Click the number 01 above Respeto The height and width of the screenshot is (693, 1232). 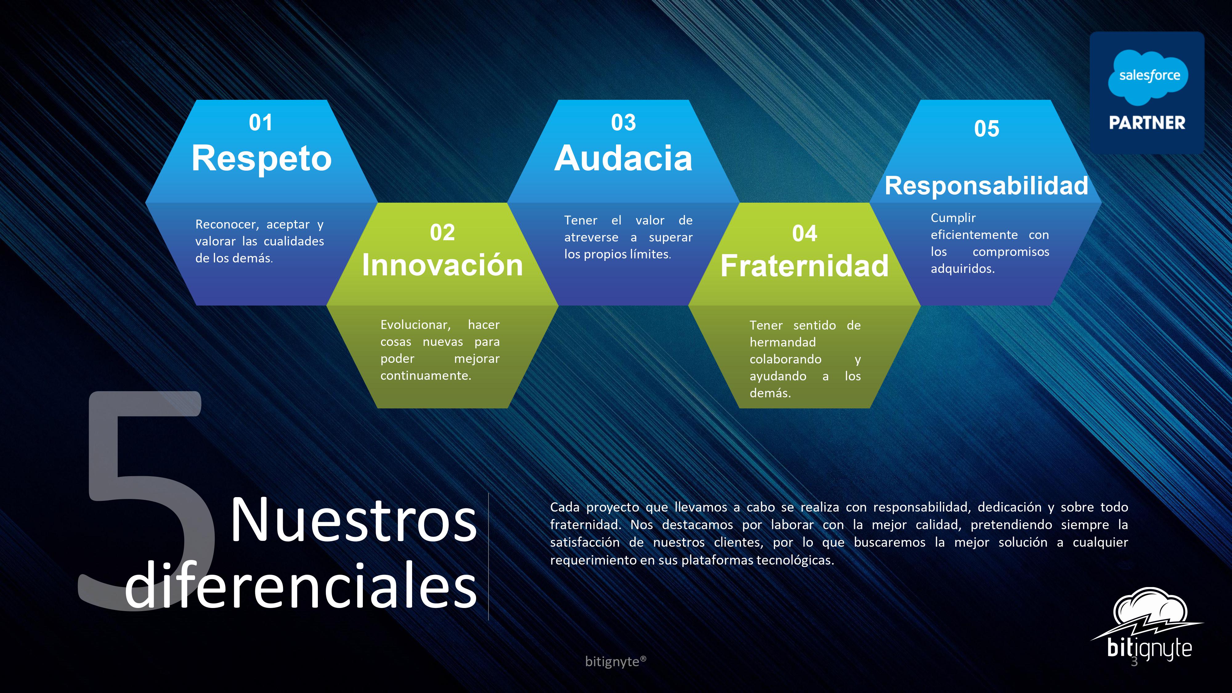(x=261, y=123)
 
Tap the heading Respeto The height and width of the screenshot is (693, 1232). (x=261, y=158)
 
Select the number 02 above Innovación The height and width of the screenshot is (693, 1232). (x=442, y=233)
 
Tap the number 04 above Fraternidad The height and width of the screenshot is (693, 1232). (x=804, y=233)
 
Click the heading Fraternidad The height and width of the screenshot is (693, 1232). (x=804, y=265)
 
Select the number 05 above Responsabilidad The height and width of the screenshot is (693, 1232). (x=986, y=129)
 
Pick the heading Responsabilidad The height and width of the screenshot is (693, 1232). (x=986, y=185)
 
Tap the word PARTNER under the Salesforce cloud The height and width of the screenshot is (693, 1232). (x=1147, y=123)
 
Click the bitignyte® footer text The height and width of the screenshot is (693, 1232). (x=615, y=662)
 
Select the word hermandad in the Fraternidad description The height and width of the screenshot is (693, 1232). (x=782, y=342)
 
